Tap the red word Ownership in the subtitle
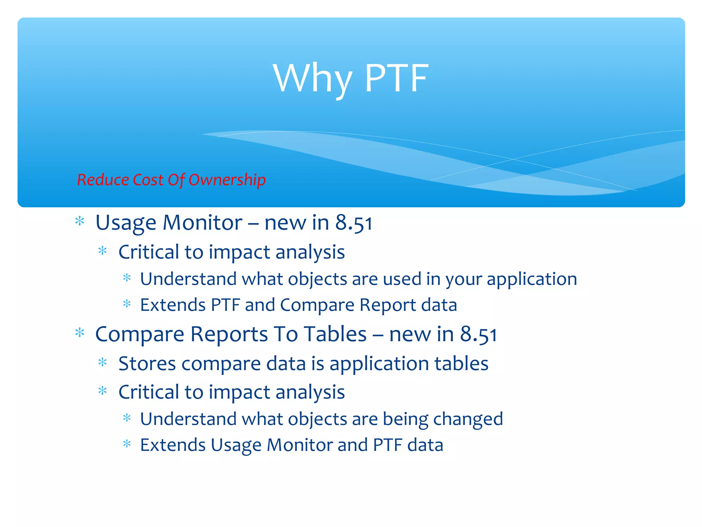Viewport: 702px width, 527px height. (x=227, y=180)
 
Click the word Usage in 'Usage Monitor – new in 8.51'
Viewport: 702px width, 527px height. (x=126, y=223)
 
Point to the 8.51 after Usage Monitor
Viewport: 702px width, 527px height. (x=353, y=223)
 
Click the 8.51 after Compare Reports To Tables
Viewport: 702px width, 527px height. (x=478, y=335)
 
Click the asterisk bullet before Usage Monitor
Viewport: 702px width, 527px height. (x=80, y=221)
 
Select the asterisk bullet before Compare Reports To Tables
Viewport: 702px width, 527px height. (x=80, y=333)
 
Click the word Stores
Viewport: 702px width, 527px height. (x=147, y=364)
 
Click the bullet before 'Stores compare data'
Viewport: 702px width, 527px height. (x=102, y=362)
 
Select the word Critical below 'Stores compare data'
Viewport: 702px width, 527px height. (x=148, y=392)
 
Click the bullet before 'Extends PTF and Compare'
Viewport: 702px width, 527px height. (x=127, y=304)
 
